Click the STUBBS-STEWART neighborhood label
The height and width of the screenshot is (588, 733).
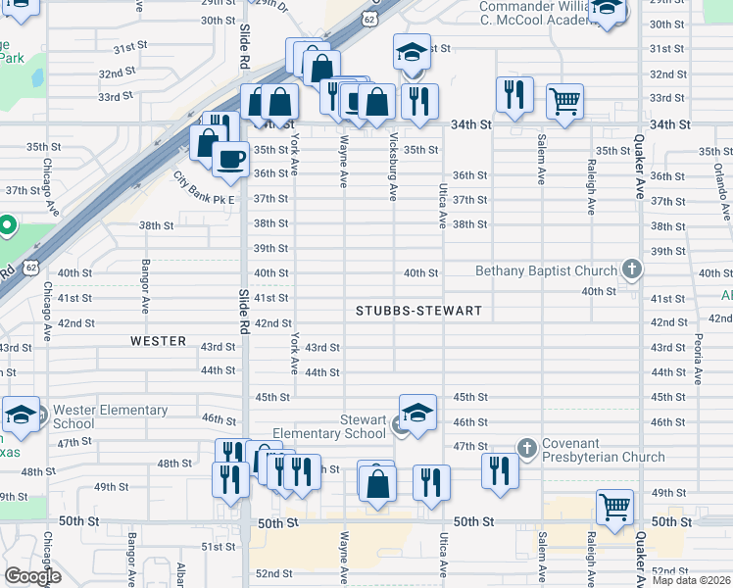click(418, 311)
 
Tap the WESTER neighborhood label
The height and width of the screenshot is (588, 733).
click(158, 341)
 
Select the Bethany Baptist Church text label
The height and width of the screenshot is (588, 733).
click(546, 270)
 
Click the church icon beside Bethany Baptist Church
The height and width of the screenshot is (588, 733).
click(633, 269)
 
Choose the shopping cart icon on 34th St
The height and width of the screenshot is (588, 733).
click(564, 99)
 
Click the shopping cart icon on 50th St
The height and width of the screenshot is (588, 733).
click(614, 507)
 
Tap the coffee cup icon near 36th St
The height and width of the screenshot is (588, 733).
click(231, 157)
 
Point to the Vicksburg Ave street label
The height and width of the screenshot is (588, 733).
click(393, 168)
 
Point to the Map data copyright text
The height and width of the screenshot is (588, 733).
click(692, 580)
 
